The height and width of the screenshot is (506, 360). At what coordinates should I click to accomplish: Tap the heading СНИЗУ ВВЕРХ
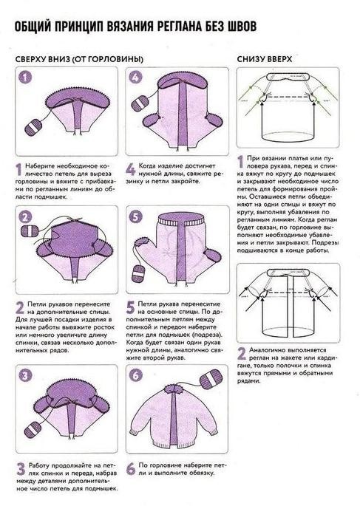point(264,59)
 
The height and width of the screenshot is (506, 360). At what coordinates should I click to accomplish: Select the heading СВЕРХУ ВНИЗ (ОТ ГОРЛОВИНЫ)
point(79,59)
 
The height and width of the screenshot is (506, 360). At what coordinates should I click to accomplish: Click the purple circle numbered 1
point(25,78)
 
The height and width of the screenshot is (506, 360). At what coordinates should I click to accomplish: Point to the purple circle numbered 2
point(25,217)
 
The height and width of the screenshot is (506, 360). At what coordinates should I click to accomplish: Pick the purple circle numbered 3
point(25,375)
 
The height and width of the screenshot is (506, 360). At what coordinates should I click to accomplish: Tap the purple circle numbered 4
point(135,78)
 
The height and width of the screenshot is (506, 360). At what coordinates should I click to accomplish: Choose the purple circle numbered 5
point(135,217)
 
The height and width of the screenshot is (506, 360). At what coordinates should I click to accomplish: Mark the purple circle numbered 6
point(135,375)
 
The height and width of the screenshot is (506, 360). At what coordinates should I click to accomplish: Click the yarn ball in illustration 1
point(33,127)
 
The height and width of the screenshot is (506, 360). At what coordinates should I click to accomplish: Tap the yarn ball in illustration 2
point(30,230)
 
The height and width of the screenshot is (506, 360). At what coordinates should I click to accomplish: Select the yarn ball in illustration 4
point(140,103)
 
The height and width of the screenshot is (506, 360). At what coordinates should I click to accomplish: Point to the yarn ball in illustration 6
point(211,380)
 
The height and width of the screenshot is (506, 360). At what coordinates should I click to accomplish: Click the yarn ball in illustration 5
point(139,273)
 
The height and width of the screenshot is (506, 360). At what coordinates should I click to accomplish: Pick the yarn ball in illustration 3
point(33,429)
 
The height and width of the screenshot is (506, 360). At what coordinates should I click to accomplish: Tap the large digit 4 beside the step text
point(131,170)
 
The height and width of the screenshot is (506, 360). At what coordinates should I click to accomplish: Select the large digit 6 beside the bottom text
point(131,469)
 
